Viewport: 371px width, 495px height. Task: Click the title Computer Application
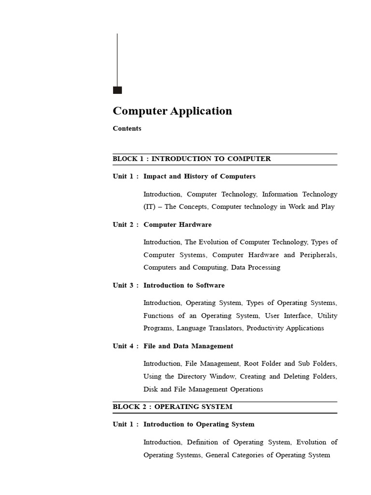click(x=172, y=111)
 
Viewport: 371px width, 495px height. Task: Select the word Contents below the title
click(x=127, y=129)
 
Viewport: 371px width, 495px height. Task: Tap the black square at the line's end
click(x=117, y=90)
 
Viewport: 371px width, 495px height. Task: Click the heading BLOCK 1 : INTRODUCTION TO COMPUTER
click(x=192, y=159)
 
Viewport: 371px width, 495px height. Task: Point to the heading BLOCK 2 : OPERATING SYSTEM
click(x=172, y=407)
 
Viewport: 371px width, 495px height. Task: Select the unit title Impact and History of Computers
click(x=199, y=176)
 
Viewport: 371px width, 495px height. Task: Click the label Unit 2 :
click(x=126, y=225)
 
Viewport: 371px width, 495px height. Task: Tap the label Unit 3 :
click(x=126, y=286)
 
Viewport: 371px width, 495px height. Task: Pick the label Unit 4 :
click(x=126, y=346)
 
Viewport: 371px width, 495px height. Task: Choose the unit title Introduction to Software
click(x=184, y=286)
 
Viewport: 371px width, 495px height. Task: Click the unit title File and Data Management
click(x=188, y=346)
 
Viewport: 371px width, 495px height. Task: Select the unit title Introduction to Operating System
click(x=199, y=424)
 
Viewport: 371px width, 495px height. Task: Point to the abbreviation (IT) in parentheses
click(x=151, y=207)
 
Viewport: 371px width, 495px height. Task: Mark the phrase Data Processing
click(x=256, y=267)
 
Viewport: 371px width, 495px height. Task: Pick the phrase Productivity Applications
click(x=285, y=328)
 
